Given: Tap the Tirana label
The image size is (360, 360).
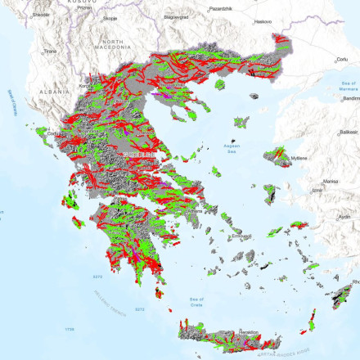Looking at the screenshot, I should [50, 51].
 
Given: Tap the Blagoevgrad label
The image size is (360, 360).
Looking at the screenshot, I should [176, 16].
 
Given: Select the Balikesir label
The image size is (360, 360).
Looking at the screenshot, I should [349, 131].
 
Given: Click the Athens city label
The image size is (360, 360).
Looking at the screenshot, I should [193, 209].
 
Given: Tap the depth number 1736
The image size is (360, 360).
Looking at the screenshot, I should [70, 330].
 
